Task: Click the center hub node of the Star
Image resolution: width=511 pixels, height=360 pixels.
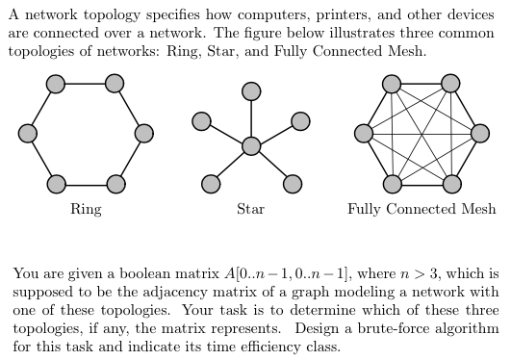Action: coord(251,145)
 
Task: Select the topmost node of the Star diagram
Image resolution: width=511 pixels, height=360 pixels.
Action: coord(251,91)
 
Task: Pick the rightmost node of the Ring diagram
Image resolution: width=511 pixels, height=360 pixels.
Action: coord(145,132)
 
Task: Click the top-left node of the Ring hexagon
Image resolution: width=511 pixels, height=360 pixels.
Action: coord(57,84)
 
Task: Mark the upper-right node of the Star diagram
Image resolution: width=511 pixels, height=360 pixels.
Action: coord(300,120)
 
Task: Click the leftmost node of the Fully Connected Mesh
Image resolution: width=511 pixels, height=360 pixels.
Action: coord(363,132)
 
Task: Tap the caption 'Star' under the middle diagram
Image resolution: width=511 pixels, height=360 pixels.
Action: coord(251,208)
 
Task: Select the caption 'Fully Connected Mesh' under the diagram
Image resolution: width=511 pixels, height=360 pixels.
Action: coord(422,208)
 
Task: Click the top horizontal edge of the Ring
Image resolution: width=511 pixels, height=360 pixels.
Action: coord(87,84)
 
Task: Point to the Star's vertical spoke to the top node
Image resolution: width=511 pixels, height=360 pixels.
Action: coord(251,118)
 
